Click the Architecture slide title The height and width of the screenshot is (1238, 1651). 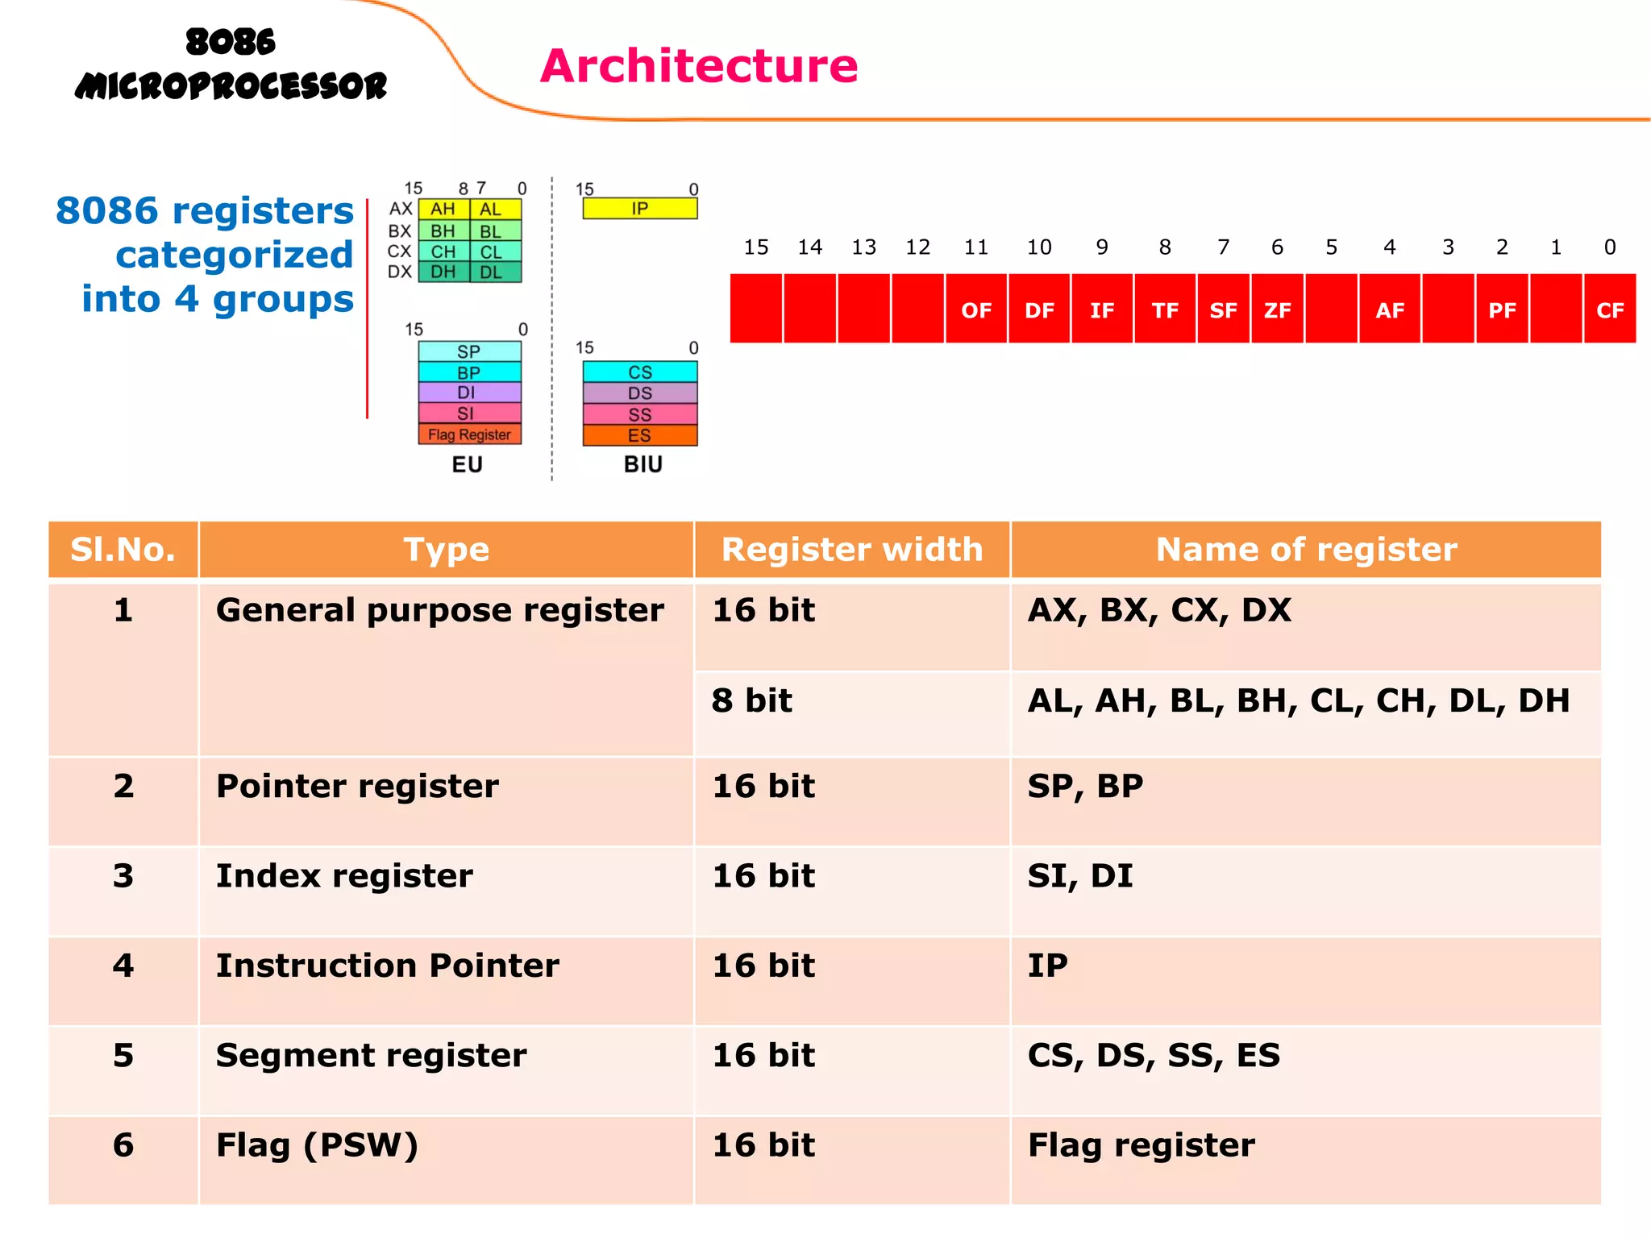pos(698,66)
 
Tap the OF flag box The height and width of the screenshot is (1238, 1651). pos(975,309)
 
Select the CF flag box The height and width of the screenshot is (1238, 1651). pos(1609,309)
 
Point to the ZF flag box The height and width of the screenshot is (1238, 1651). pos(1277,309)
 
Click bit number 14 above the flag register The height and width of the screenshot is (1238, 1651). pos(809,247)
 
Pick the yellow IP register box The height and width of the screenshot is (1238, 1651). pos(639,209)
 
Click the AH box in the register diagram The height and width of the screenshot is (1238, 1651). pos(443,209)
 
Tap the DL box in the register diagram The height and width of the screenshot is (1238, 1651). pos(492,272)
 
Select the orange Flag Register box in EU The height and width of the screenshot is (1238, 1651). pos(469,434)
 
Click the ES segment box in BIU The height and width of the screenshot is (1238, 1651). pos(639,436)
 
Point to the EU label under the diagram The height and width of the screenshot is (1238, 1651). pos(467,465)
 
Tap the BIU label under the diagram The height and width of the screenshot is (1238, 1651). pos(643,465)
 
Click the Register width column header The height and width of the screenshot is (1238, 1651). pos(851,550)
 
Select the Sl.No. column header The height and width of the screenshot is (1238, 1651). pos(123,550)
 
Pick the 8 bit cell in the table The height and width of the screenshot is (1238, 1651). pos(751,700)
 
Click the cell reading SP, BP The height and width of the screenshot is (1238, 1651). pos(1085,786)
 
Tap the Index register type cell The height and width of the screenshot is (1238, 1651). pos(344,876)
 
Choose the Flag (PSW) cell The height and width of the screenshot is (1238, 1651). pos(317,1145)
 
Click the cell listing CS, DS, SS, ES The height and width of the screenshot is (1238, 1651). pos(1153,1056)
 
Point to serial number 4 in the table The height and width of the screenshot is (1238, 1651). pos(123,966)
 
